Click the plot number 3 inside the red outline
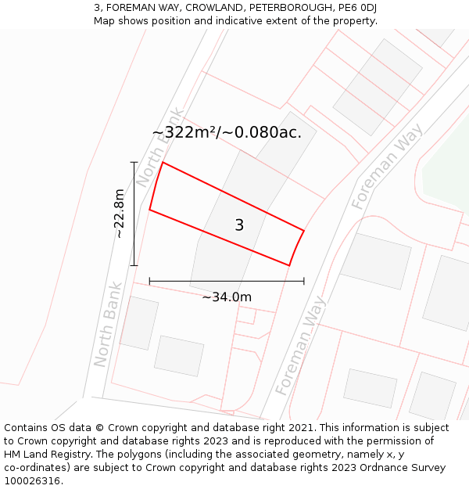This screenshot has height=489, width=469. coord(239,225)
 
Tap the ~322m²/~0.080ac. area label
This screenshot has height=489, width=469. coord(227,133)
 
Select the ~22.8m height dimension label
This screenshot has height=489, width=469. coord(118,213)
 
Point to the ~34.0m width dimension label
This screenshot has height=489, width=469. coord(227,297)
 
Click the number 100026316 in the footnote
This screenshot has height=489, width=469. coord(30,481)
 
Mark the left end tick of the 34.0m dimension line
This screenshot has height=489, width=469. coord(149,280)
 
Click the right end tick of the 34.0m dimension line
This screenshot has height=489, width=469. coord(304,280)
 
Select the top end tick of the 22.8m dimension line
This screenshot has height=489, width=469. coord(134,162)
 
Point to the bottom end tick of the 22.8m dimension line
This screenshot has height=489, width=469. coord(134,265)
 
